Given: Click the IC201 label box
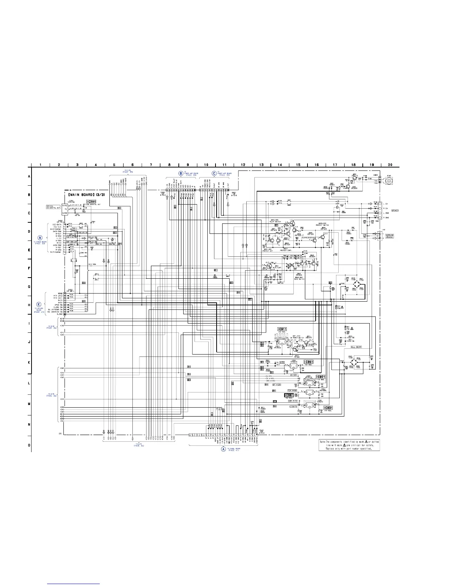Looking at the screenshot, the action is point(91,201).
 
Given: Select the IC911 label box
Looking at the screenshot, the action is point(282,329).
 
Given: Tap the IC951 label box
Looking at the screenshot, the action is point(309,362).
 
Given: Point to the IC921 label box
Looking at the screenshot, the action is point(320,377).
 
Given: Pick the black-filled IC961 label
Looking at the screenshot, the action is point(289,395).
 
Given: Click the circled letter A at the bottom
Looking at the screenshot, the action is point(223,448).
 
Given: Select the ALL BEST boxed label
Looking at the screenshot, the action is point(356,347).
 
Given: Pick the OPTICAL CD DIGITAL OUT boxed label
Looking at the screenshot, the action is point(53,207).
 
